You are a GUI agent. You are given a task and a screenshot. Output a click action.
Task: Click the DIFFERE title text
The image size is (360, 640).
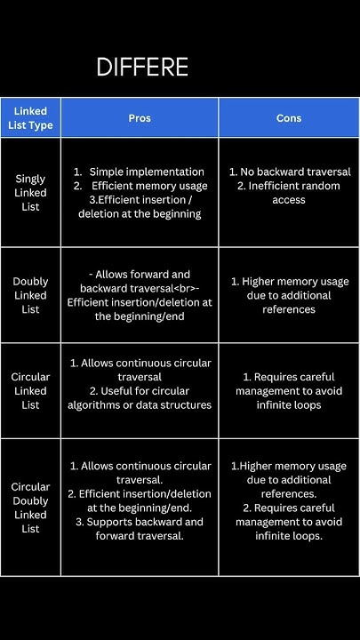point(142,68)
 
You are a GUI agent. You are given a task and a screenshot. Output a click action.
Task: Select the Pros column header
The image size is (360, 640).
point(139,118)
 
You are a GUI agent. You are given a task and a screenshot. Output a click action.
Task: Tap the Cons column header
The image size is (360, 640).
point(288,118)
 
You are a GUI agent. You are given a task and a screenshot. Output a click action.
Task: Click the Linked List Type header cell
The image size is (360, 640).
point(30,118)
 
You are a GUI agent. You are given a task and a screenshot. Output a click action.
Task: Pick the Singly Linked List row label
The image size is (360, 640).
point(30,193)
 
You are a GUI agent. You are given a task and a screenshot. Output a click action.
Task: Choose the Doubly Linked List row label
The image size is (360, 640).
point(30,295)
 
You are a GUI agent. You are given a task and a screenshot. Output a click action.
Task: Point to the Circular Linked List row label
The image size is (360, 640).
point(30,391)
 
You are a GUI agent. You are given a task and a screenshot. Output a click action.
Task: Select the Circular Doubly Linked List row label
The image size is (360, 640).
point(30,508)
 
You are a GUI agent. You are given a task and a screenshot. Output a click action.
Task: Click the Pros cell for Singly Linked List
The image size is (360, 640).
point(139,193)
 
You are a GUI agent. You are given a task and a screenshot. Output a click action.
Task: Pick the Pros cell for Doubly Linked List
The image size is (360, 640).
point(139,295)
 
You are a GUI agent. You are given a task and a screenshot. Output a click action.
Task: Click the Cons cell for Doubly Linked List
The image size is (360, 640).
point(288,295)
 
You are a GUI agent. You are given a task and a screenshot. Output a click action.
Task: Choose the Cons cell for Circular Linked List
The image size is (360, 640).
point(288,391)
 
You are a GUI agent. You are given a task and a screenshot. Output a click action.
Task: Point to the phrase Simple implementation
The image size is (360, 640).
point(147,172)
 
